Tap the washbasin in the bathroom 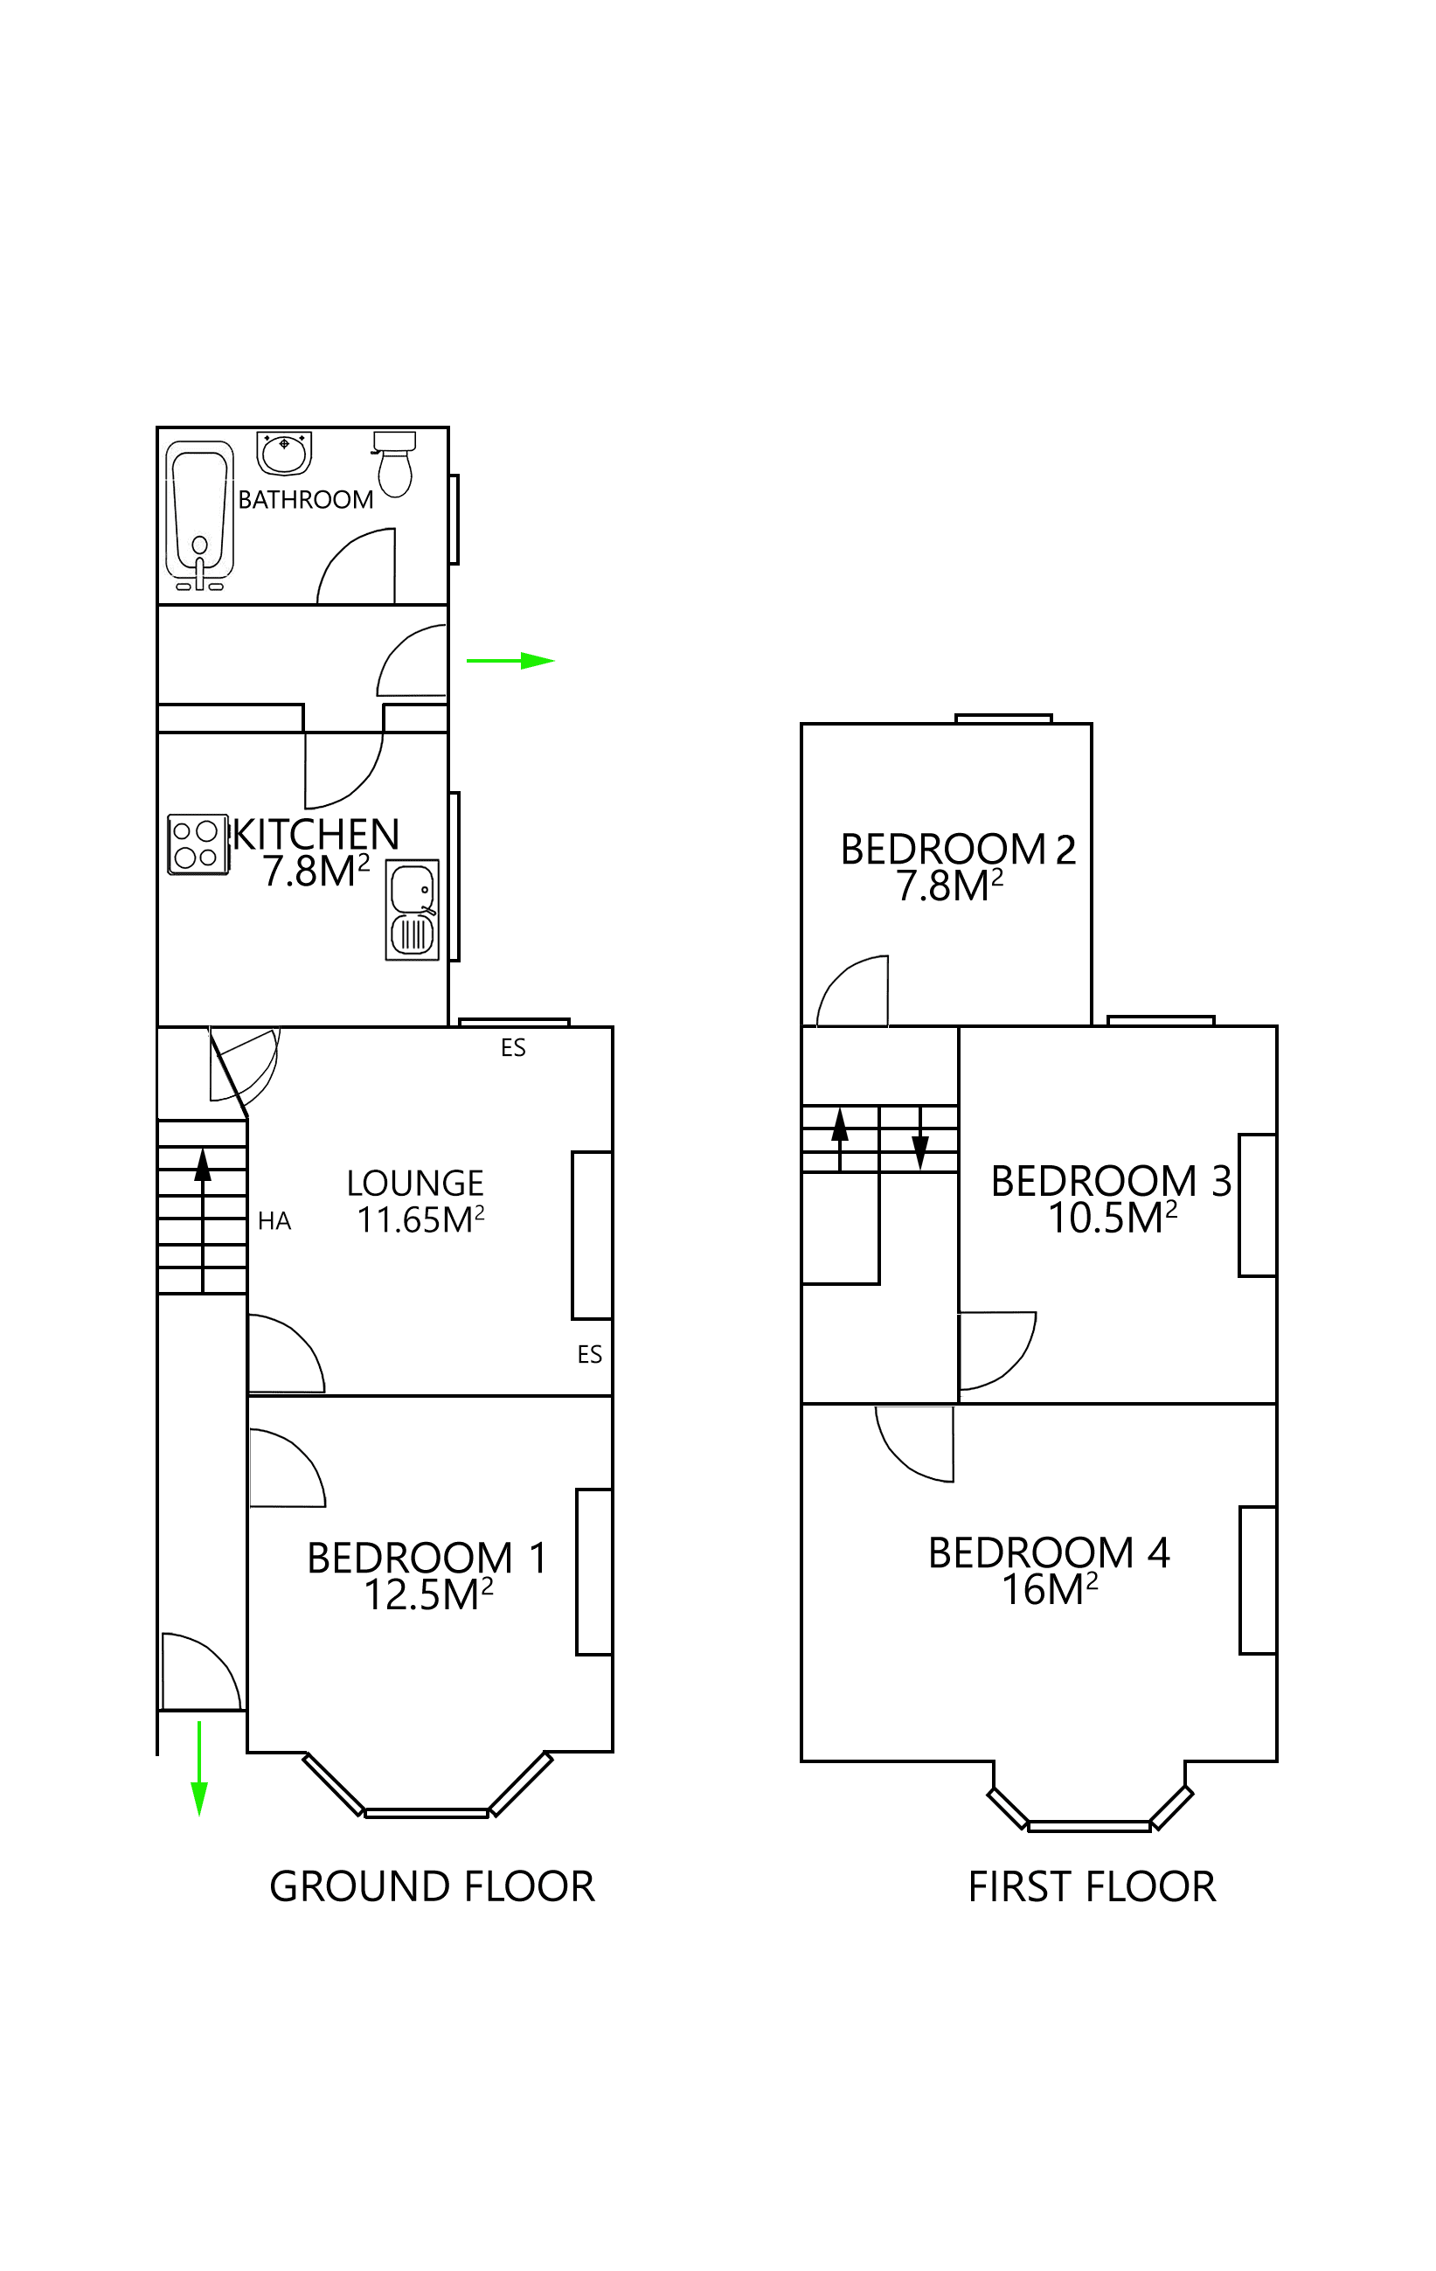tap(284, 453)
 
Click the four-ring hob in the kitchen tap(197, 844)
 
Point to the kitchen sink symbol tap(412, 910)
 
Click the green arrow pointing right tap(510, 661)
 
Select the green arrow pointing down tap(199, 1767)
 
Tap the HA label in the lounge tap(274, 1221)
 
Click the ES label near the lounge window tap(513, 1048)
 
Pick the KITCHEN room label tap(316, 835)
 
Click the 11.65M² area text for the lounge tap(420, 1219)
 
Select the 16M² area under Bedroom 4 tap(1049, 1589)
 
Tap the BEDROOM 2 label tap(958, 849)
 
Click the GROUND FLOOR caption tap(432, 1887)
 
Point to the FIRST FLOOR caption tap(1092, 1887)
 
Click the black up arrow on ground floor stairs tap(203, 1166)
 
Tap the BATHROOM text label tap(306, 500)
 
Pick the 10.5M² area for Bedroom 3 tap(1113, 1218)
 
